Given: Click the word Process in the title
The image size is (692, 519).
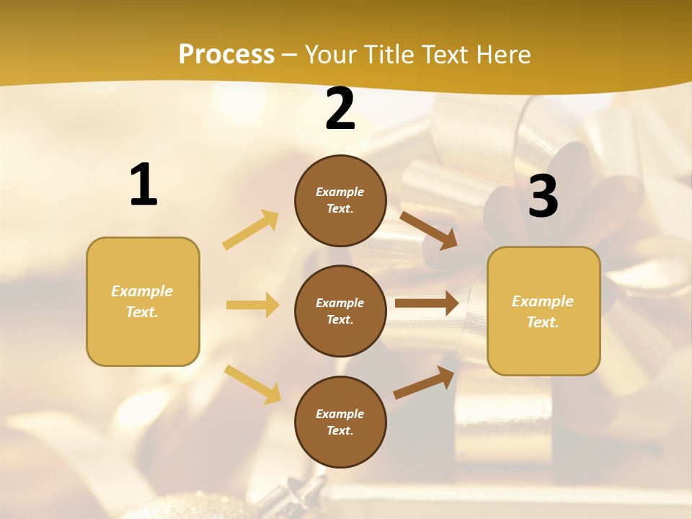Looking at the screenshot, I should tap(226, 55).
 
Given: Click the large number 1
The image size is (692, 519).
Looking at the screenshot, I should tap(143, 185).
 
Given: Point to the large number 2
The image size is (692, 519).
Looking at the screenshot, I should tap(340, 110).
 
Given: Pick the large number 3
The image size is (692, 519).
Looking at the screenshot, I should tap(543, 197).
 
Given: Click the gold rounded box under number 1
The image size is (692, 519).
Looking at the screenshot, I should tap(143, 301).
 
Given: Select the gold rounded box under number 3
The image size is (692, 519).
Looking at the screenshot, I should tap(544, 311).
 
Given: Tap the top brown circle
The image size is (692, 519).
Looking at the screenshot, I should tap(340, 200).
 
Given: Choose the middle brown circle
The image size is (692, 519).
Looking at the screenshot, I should tap(340, 311).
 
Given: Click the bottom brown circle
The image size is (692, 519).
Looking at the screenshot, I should tap(340, 422).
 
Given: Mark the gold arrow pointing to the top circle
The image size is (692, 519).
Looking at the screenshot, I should tap(251, 230).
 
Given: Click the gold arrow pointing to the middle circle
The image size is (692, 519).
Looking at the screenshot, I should tap(252, 305).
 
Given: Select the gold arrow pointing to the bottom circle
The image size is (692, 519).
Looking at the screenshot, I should tap(252, 384).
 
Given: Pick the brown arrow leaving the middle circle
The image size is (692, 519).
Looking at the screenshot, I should tap(427, 303).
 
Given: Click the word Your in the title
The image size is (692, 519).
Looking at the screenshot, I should tap(332, 55).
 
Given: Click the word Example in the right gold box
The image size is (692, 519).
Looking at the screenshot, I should tap(543, 301).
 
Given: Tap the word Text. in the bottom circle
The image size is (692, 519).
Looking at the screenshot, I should tap(340, 431).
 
